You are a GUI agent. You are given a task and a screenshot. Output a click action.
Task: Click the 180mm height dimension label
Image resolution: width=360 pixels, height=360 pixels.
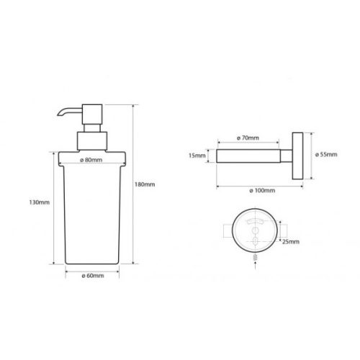(x=145, y=184)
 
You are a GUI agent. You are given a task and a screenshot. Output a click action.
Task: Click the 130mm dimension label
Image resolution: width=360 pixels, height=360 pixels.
(x=40, y=202)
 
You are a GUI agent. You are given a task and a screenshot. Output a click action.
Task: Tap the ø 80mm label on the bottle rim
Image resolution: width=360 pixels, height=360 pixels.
(x=91, y=160)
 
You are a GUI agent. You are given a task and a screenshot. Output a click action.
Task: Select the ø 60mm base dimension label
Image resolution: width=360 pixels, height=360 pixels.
(x=93, y=276)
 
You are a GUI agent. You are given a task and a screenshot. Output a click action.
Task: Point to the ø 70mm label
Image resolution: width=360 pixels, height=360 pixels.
(x=248, y=138)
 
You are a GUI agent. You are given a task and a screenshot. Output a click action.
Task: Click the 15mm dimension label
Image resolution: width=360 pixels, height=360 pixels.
(x=197, y=156)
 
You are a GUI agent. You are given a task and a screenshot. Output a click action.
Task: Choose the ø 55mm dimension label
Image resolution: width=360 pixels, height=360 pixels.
(x=326, y=154)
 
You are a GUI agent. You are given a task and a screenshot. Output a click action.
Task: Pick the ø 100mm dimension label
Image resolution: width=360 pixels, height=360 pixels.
(x=262, y=191)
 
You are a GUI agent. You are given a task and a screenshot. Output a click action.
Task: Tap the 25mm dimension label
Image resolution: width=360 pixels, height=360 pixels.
(x=291, y=242)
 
